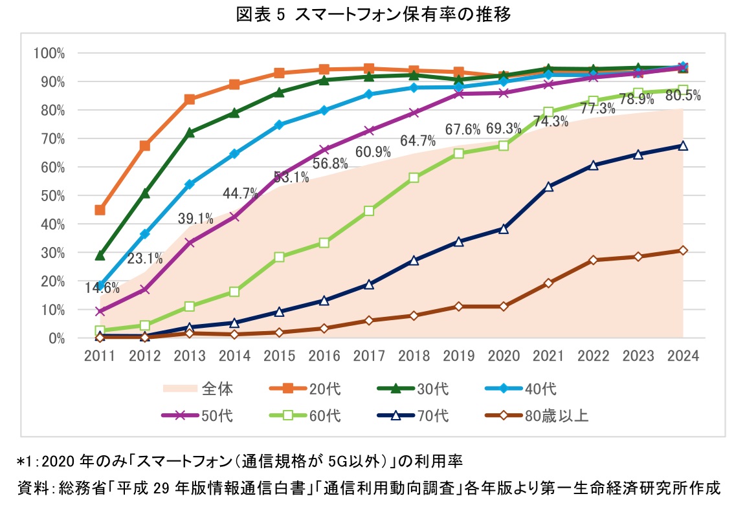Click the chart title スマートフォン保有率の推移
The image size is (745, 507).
coord(372,15)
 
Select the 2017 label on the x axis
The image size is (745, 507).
coord(369,355)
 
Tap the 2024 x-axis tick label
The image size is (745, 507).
coord(683,355)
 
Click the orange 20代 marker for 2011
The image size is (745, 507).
coord(100,210)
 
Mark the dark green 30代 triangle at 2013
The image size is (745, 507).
coord(190,133)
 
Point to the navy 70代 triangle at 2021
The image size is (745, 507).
coord(548,186)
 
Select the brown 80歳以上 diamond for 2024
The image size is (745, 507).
coord(683,250)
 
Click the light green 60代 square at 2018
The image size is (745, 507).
coord(414,178)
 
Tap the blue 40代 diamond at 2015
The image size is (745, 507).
coord(279,125)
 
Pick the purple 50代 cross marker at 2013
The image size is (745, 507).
coord(190,243)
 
